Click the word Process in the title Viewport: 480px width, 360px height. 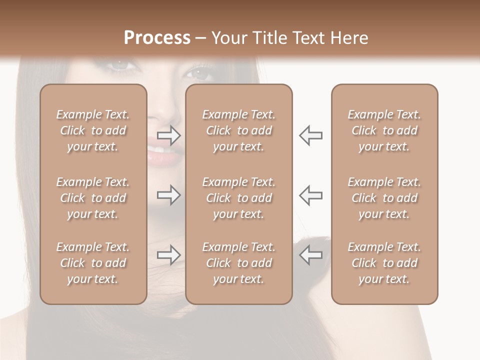(x=157, y=37)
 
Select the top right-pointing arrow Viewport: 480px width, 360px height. (x=168, y=135)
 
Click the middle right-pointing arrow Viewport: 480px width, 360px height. (x=168, y=195)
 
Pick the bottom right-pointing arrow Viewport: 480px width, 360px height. (x=168, y=255)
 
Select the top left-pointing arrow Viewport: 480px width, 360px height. (x=310, y=135)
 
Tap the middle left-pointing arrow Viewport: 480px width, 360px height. (x=310, y=195)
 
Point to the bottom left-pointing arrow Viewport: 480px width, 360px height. (x=310, y=255)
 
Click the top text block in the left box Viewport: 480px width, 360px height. (x=93, y=130)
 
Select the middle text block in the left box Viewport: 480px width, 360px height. (x=93, y=198)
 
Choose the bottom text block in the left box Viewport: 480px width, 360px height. (x=93, y=263)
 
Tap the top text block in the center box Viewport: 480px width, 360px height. (x=238, y=130)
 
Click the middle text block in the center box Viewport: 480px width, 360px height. (x=238, y=198)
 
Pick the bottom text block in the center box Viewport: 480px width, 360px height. (x=238, y=263)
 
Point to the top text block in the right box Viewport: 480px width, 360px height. (x=384, y=130)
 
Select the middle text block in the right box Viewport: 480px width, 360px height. (x=384, y=198)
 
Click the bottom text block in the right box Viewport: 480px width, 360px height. (x=384, y=263)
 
